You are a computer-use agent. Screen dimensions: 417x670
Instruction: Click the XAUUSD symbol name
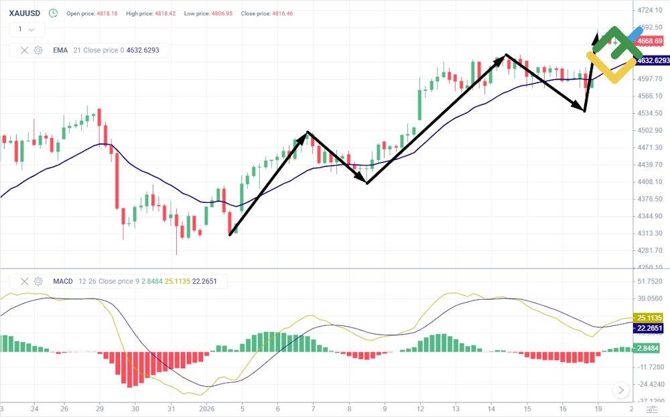click(x=24, y=13)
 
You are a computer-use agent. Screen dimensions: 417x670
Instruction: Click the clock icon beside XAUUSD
click(x=53, y=13)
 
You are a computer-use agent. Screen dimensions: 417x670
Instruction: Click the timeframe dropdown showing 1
click(x=27, y=29)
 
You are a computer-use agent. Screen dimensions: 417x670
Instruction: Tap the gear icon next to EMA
click(x=38, y=50)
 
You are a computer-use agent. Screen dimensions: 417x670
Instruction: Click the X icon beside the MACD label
click(x=25, y=281)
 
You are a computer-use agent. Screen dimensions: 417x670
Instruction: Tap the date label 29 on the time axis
click(x=99, y=408)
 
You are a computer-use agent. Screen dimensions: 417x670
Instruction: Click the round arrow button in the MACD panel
click(x=621, y=390)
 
